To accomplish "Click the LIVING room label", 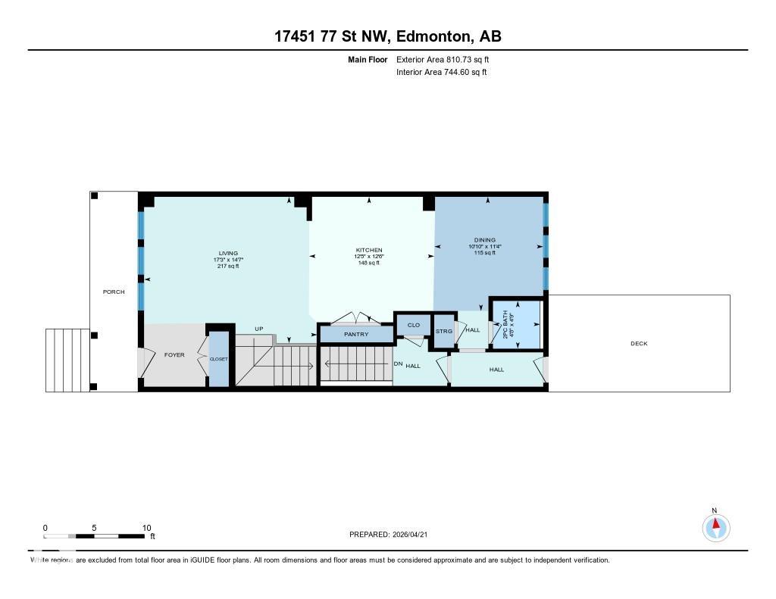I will click(x=228, y=253).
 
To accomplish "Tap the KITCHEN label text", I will click(x=369, y=250).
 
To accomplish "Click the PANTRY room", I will click(x=355, y=334).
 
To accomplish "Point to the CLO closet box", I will click(x=413, y=325).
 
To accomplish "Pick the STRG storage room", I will click(x=443, y=331).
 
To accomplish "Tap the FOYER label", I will click(x=174, y=354).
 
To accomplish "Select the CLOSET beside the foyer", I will click(x=218, y=359).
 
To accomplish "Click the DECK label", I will click(x=639, y=344).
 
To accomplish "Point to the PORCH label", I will click(x=114, y=292).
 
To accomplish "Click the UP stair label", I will click(x=258, y=329).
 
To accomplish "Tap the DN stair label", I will click(x=398, y=364).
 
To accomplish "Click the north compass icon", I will click(x=715, y=526).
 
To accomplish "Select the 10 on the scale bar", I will click(x=146, y=528).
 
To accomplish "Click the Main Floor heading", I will click(x=368, y=59).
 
